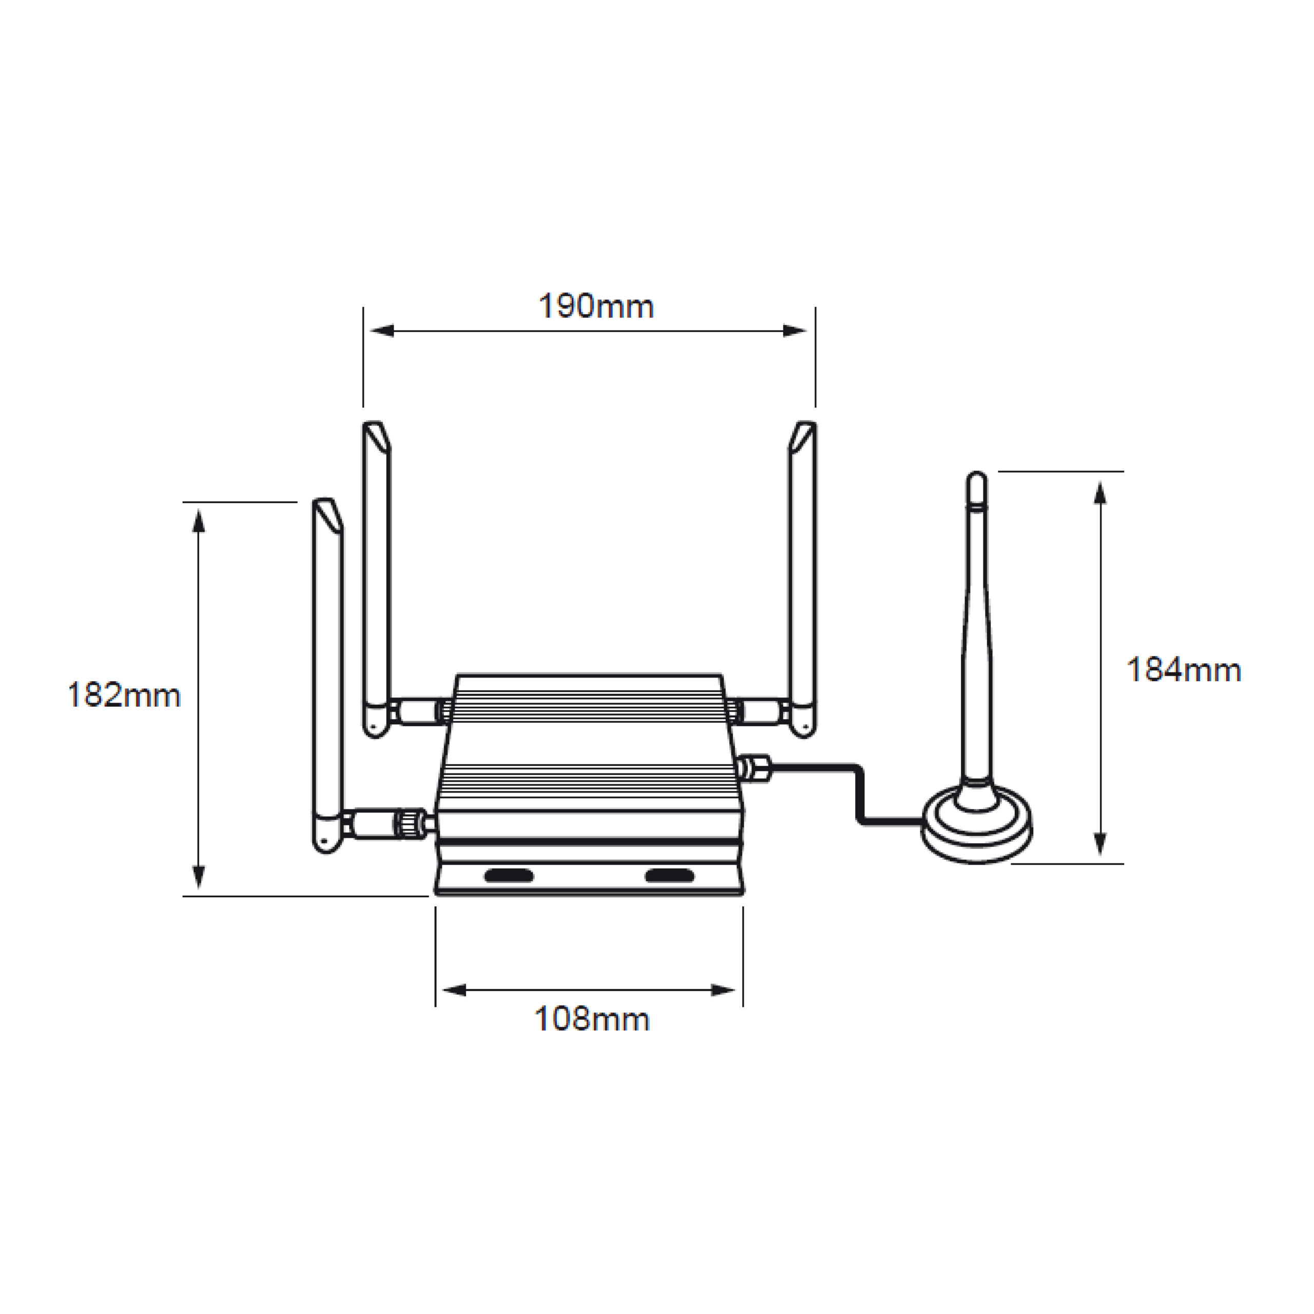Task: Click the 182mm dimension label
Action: tap(124, 696)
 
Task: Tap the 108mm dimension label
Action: tap(592, 1019)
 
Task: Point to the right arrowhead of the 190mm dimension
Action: tap(795, 331)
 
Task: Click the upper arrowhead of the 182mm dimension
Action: tap(199, 521)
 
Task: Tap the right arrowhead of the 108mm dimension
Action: tap(723, 990)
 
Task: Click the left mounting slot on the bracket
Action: tap(509, 875)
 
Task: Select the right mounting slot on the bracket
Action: tap(670, 875)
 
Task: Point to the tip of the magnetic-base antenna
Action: tap(977, 474)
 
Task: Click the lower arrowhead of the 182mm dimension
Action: tap(199, 877)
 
